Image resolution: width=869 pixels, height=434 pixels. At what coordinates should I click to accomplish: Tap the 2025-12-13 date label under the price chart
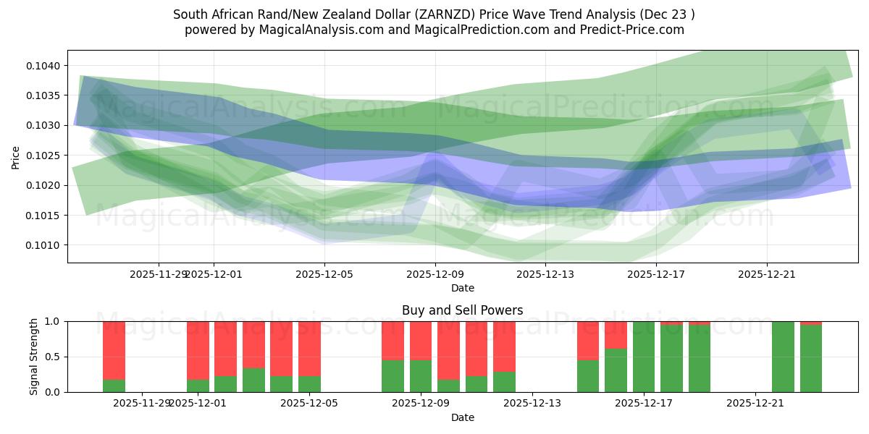point(545,274)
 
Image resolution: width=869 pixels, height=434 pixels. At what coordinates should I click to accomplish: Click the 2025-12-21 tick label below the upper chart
point(767,274)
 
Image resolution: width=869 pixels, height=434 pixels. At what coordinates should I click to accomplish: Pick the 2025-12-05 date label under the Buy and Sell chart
point(310,404)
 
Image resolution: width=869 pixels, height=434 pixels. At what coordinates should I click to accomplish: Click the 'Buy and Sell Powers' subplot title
point(463,310)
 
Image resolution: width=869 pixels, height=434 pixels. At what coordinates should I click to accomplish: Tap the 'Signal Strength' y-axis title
point(34,357)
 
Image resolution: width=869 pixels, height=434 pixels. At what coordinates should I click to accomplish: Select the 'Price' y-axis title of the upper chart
point(16,156)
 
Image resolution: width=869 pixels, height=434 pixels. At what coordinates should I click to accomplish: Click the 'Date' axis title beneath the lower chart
point(463,417)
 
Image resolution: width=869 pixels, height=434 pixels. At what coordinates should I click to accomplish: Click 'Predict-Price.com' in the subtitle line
point(626,30)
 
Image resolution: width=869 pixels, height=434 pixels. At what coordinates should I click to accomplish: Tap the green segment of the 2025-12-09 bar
point(421,376)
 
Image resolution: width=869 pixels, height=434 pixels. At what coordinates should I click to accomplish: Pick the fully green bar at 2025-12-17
point(644,357)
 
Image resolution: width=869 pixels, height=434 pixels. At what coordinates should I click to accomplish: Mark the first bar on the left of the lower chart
point(114,357)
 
